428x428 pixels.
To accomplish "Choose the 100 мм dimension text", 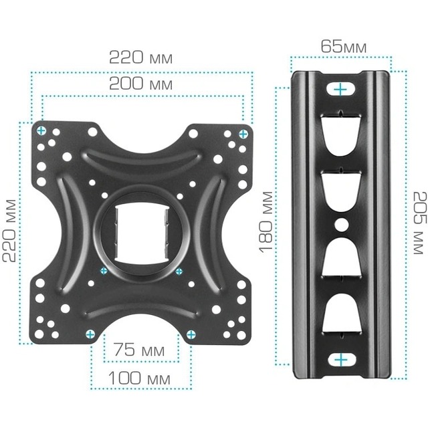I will [x=140, y=379].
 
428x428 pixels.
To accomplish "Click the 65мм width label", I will [x=343, y=47].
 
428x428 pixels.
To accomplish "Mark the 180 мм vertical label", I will [x=267, y=221].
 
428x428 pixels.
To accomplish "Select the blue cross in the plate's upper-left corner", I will [x=41, y=130].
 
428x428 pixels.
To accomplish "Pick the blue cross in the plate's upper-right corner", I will [x=242, y=134].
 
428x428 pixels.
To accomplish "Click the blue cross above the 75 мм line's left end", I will [x=90, y=333].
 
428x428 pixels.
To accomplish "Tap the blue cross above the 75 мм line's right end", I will [x=191, y=334].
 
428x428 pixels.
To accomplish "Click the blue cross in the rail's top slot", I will [x=341, y=88].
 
